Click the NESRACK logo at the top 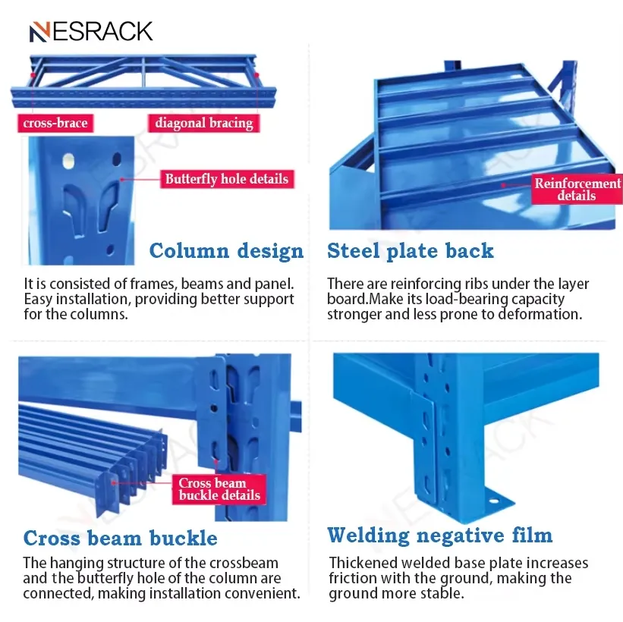(x=91, y=31)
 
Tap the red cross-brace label (x=55, y=123)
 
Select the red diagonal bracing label (x=203, y=123)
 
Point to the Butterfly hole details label (x=227, y=180)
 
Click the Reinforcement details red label (x=577, y=190)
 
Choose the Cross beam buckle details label (x=219, y=489)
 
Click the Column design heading (x=226, y=251)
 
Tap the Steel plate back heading (x=410, y=251)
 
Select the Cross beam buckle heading (x=120, y=539)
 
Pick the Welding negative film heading (x=439, y=536)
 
